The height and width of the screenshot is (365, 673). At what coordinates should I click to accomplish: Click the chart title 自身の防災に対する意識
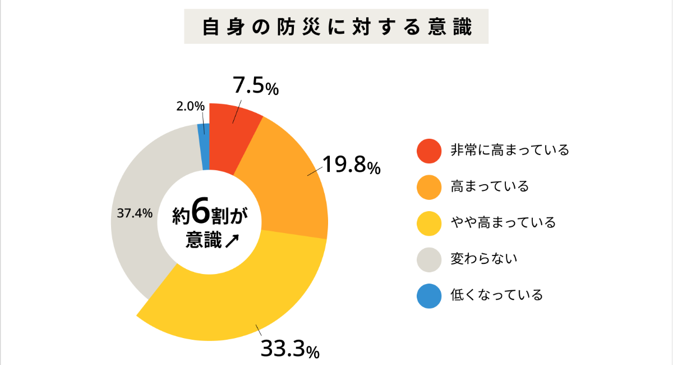click(336, 26)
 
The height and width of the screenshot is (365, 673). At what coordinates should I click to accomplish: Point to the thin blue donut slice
click(204, 146)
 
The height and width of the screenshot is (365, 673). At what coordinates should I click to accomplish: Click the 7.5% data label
click(256, 86)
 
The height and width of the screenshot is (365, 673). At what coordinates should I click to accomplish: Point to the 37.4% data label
click(135, 213)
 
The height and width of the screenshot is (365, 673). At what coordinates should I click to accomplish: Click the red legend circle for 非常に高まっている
click(430, 150)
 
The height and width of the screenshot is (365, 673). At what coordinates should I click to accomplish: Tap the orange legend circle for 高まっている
click(430, 186)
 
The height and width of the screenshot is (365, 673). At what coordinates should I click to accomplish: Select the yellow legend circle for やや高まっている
click(430, 223)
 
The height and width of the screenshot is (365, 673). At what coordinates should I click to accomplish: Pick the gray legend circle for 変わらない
click(430, 259)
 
